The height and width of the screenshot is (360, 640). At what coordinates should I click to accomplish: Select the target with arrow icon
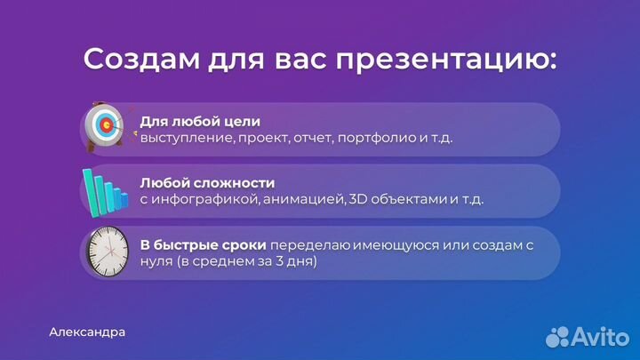point(104,128)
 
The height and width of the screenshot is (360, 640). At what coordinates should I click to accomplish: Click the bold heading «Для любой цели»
point(200,121)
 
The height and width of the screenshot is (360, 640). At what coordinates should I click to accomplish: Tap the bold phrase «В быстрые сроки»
point(203,244)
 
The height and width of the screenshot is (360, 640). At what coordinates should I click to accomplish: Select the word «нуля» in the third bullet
point(156,262)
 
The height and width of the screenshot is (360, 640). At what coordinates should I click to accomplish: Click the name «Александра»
point(87,332)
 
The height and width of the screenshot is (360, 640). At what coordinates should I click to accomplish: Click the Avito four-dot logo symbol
point(558,336)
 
